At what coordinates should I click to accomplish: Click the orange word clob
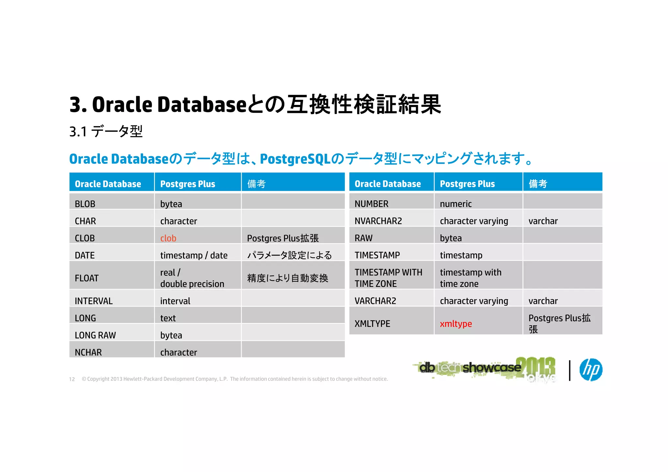click(168, 238)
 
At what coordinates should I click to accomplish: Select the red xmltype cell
click(456, 324)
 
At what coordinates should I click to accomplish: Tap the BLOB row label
click(85, 204)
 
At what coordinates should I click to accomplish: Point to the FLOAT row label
click(86, 278)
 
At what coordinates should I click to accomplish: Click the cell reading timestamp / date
click(194, 255)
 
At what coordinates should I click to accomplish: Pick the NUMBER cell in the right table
click(371, 204)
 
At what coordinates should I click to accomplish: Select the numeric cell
click(456, 204)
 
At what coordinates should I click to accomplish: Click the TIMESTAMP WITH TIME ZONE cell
click(388, 278)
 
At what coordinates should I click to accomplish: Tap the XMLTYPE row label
click(372, 324)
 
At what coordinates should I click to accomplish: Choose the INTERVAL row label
click(94, 301)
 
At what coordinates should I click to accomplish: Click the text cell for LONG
click(168, 318)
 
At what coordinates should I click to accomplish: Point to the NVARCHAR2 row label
click(378, 221)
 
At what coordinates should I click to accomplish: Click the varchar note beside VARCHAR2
click(543, 301)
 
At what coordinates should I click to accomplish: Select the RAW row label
click(363, 238)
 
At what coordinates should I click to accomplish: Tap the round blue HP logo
click(591, 370)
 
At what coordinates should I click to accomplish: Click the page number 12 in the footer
click(72, 379)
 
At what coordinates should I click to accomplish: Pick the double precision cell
click(192, 284)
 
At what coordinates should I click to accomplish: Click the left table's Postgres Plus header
click(188, 184)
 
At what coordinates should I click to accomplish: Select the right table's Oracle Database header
click(387, 184)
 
